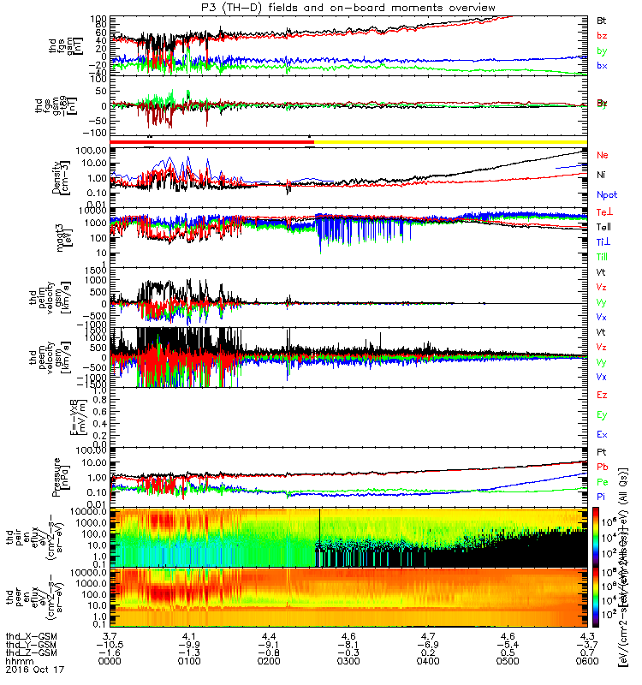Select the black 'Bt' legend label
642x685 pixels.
pyautogui.click(x=602, y=20)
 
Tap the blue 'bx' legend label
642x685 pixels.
pyautogui.click(x=602, y=66)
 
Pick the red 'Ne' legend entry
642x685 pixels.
pyautogui.click(x=602, y=155)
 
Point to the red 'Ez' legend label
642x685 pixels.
pyautogui.click(x=602, y=395)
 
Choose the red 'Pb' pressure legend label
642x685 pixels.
pyautogui.click(x=602, y=468)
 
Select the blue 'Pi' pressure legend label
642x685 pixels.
pyautogui.click(x=602, y=497)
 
